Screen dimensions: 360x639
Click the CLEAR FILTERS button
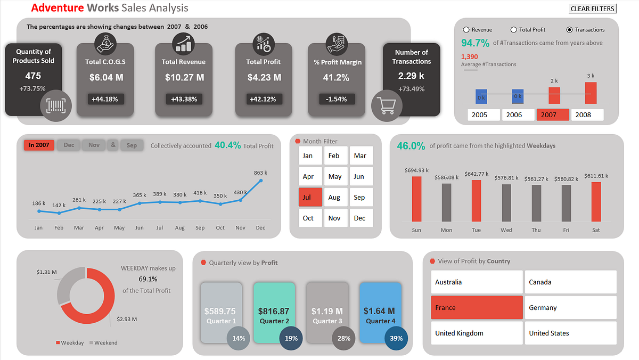click(x=592, y=9)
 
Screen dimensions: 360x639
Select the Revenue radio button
click(x=466, y=30)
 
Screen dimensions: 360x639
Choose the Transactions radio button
click(x=570, y=30)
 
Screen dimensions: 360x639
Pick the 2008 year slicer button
click(x=587, y=115)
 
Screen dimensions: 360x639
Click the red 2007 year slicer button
click(x=553, y=115)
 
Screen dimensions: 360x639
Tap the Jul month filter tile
click(x=310, y=197)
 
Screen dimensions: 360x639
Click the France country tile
click(x=477, y=308)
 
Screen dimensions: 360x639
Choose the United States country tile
click(x=570, y=333)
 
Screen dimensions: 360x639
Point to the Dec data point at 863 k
click(x=261, y=181)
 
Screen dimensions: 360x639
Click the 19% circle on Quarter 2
click(x=291, y=338)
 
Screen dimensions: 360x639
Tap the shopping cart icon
click(x=387, y=105)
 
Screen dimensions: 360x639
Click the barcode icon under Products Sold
click(x=55, y=105)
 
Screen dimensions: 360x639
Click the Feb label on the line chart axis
click(x=59, y=228)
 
